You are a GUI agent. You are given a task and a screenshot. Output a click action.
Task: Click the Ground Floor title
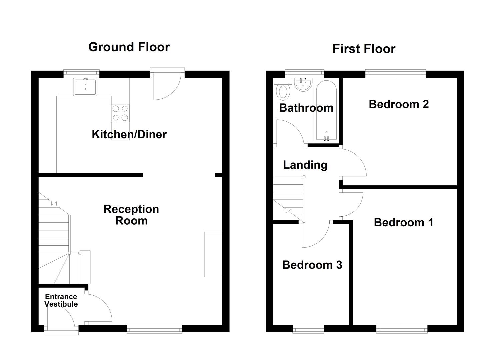(x=129, y=47)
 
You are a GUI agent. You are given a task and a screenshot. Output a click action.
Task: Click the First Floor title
(x=364, y=49)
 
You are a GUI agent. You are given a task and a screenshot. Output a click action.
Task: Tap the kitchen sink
(x=85, y=87)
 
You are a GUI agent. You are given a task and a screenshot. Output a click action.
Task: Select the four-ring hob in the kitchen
(x=120, y=113)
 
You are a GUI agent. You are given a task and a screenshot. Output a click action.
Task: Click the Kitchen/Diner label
(x=129, y=134)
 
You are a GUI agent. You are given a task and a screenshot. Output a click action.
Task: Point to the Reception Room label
(x=131, y=215)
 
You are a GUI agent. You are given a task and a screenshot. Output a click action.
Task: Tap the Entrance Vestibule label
(x=61, y=300)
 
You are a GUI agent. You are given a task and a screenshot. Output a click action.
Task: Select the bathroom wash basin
(x=303, y=84)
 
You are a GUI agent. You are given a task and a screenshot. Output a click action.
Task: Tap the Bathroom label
(x=306, y=108)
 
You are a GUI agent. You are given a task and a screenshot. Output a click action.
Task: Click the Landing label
(x=305, y=165)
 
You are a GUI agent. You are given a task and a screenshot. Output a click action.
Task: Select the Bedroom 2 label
(x=399, y=104)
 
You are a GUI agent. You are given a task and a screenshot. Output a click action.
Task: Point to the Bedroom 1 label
(x=403, y=222)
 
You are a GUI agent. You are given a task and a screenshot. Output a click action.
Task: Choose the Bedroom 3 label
(x=312, y=265)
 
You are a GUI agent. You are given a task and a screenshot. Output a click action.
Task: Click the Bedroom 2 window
(x=395, y=72)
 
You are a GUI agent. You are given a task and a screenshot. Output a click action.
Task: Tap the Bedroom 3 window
(x=308, y=329)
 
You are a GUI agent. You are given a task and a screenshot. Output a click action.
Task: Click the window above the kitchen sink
(x=82, y=72)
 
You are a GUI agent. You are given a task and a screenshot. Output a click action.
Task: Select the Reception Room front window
(x=154, y=329)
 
